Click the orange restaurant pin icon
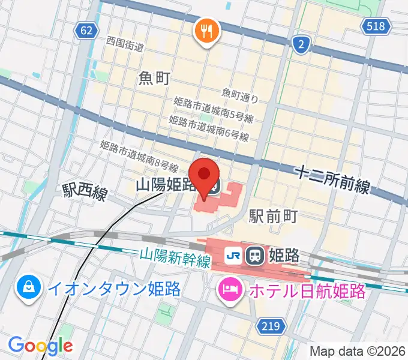point(206,31)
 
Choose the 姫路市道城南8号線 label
point(139,155)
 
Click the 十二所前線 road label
point(332,178)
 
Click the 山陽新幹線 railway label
point(176,259)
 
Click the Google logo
point(40,345)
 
